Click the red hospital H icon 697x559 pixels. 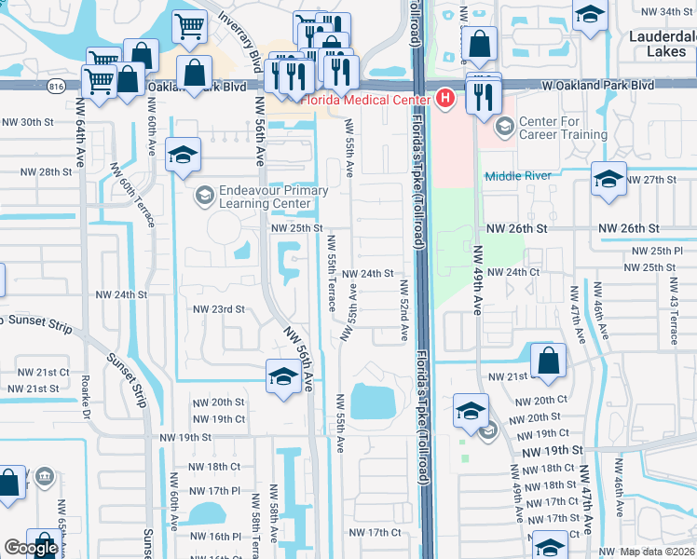[x=445, y=97]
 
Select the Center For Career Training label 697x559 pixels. [x=563, y=128]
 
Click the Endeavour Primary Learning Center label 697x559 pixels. [x=273, y=198]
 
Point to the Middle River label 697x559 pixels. [x=518, y=175]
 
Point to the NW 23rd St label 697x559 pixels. [x=218, y=309]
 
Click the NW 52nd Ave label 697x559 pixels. [x=404, y=308]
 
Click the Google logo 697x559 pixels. [x=31, y=549]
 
